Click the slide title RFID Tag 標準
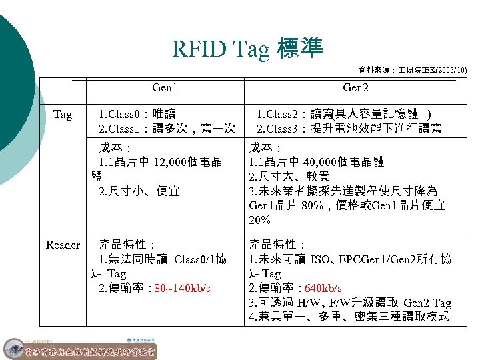point(247,48)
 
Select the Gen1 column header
point(165,87)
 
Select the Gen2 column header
point(355,87)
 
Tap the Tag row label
point(62,115)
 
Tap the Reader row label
point(63,245)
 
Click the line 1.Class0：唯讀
point(137,114)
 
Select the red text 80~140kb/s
point(182,289)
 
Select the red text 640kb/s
point(323,289)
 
